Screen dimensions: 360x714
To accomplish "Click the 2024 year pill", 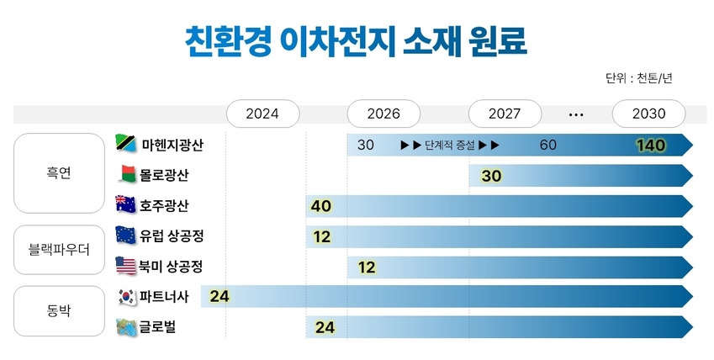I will click(262, 114).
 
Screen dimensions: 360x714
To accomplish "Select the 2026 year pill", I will click(383, 114).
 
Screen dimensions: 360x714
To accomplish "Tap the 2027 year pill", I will click(504, 114).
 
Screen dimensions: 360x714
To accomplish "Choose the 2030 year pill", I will click(648, 114).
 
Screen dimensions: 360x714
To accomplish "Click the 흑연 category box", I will click(59, 174).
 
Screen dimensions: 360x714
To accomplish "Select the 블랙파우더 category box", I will click(59, 249).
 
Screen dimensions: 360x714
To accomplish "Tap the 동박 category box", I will click(59, 310).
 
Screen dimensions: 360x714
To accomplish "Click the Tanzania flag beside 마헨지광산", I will click(126, 145).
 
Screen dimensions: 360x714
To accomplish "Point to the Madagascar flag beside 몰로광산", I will click(126, 175).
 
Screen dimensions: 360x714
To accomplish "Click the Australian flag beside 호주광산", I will click(125, 204).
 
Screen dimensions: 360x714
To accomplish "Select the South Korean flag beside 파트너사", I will click(126, 296).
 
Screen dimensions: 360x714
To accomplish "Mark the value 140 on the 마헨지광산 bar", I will click(651, 146).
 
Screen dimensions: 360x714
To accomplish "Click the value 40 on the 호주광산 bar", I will click(320, 206).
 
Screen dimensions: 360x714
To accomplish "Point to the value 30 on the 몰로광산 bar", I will click(491, 176).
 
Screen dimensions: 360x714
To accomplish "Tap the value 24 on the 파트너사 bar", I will click(219, 296).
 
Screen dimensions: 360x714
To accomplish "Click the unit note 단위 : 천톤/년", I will click(638, 78).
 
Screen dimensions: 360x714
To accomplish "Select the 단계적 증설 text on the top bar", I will click(451, 145).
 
